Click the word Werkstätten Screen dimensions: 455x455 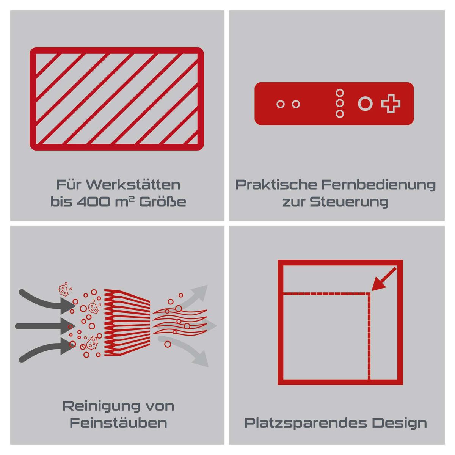pyautogui.click(x=133, y=185)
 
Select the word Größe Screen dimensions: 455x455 pyautogui.click(x=162, y=202)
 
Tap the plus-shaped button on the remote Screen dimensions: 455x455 pyautogui.click(x=391, y=104)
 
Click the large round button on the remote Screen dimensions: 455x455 pyautogui.click(x=365, y=104)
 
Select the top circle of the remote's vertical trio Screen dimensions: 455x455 pyautogui.click(x=339, y=93)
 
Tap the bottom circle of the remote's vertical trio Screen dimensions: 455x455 pyautogui.click(x=339, y=114)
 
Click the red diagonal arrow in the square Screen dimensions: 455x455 pyautogui.click(x=383, y=279)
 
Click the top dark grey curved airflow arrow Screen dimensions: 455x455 pyautogui.click(x=47, y=301)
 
